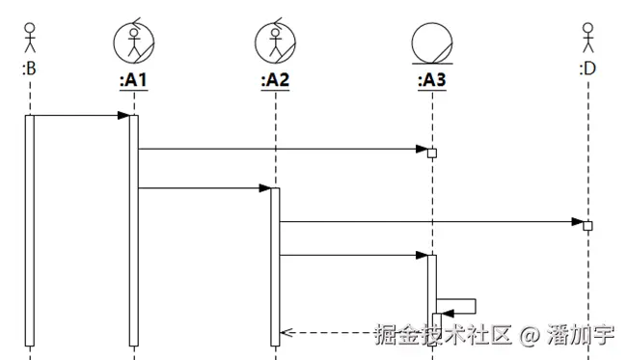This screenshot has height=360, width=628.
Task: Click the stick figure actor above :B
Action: pos(29,36)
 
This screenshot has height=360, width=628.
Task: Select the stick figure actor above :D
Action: pos(587,36)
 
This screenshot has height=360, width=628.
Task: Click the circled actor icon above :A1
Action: pos(134,42)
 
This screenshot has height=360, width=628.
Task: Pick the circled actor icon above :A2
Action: pos(275,42)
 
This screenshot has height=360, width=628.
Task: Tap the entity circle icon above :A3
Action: pos(431,43)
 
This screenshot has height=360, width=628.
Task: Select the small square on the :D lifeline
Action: pos(587,225)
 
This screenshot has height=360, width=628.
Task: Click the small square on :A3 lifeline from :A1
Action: pos(432,152)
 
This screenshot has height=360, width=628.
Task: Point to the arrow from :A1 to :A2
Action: pos(203,188)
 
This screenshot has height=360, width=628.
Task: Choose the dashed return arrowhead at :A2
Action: pos(286,333)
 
